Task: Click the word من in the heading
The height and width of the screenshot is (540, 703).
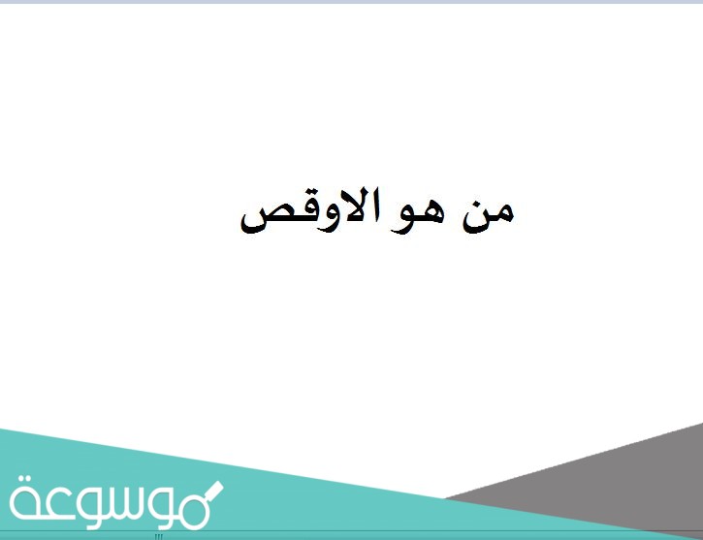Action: pos(488,213)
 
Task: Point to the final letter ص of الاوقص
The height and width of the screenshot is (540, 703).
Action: pos(260,219)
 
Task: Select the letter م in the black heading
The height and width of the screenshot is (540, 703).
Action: pos(502,215)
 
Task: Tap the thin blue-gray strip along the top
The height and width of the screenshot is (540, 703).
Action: pos(351,2)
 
